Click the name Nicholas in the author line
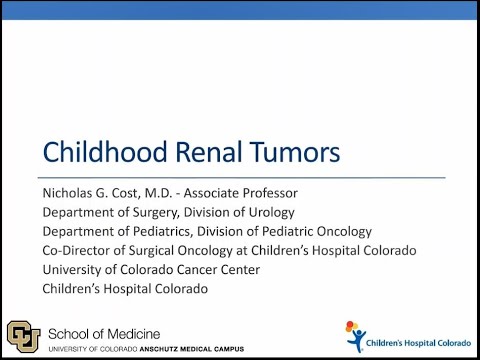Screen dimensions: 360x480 (69, 192)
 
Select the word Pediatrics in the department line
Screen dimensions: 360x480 (151, 231)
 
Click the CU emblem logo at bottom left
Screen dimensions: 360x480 (23, 335)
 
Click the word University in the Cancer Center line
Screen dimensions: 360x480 (72, 270)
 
